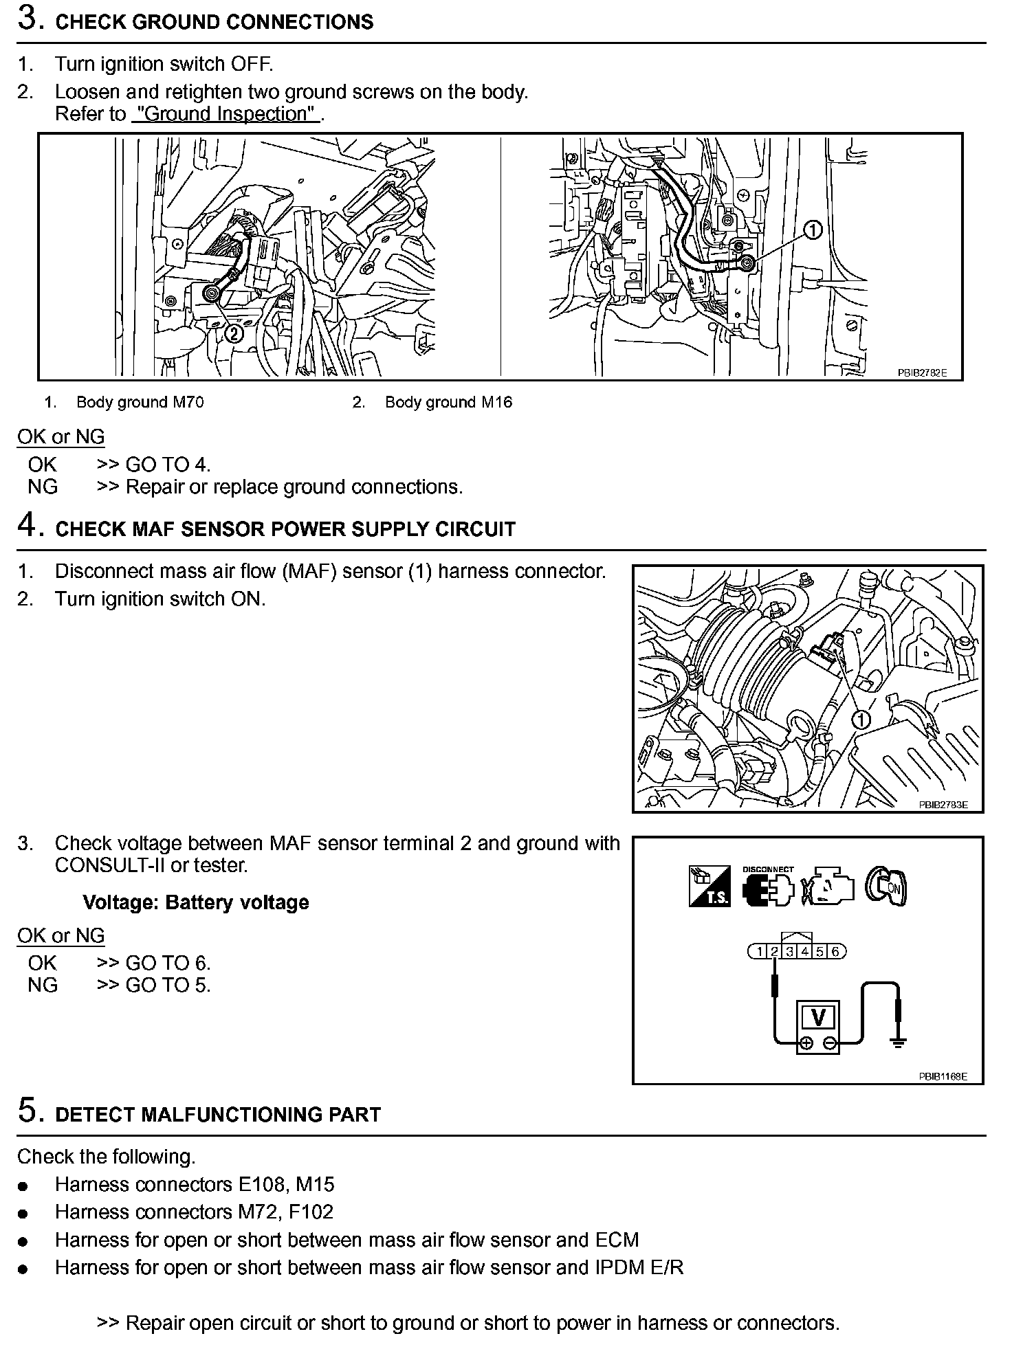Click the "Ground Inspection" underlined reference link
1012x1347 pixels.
pyautogui.click(x=225, y=114)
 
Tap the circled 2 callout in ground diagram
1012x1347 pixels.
pyautogui.click(x=233, y=334)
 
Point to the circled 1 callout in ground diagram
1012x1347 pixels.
pyautogui.click(x=813, y=230)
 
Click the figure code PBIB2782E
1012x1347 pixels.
pyautogui.click(x=921, y=373)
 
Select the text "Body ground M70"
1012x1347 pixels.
pyautogui.click(x=140, y=403)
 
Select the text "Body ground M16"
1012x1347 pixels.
pyautogui.click(x=448, y=403)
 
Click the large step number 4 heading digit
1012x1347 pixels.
pyautogui.click(x=27, y=526)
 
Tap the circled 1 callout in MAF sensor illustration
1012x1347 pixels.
pyautogui.click(x=860, y=720)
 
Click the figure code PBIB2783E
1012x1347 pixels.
pyautogui.click(x=943, y=805)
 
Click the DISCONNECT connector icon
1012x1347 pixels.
pyautogui.click(x=768, y=887)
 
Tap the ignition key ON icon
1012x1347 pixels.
pyautogui.click(x=887, y=887)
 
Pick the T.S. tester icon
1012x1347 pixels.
pyautogui.click(x=709, y=887)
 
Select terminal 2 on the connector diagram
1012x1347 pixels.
pyautogui.click(x=774, y=952)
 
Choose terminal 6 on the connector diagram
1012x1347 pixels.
pyautogui.click(x=835, y=952)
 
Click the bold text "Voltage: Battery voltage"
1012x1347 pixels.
pyautogui.click(x=196, y=903)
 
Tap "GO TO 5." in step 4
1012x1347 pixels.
pyautogui.click(x=168, y=986)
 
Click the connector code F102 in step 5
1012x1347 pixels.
pyautogui.click(x=311, y=1212)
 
